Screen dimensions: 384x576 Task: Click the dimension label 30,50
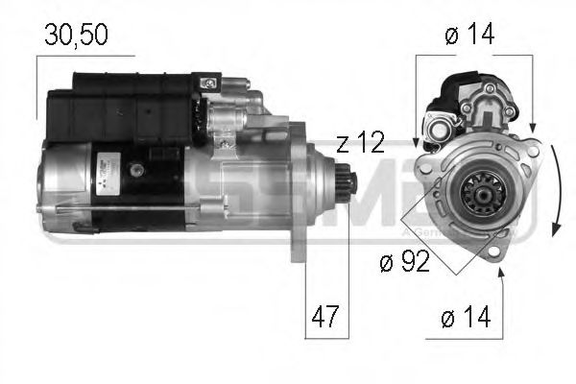click(76, 35)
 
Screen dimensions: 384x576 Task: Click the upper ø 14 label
click(468, 35)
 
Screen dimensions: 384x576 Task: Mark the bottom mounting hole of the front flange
click(495, 252)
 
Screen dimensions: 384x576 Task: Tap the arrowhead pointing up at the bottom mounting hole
click(500, 274)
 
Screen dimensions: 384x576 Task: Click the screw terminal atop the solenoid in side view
click(205, 86)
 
